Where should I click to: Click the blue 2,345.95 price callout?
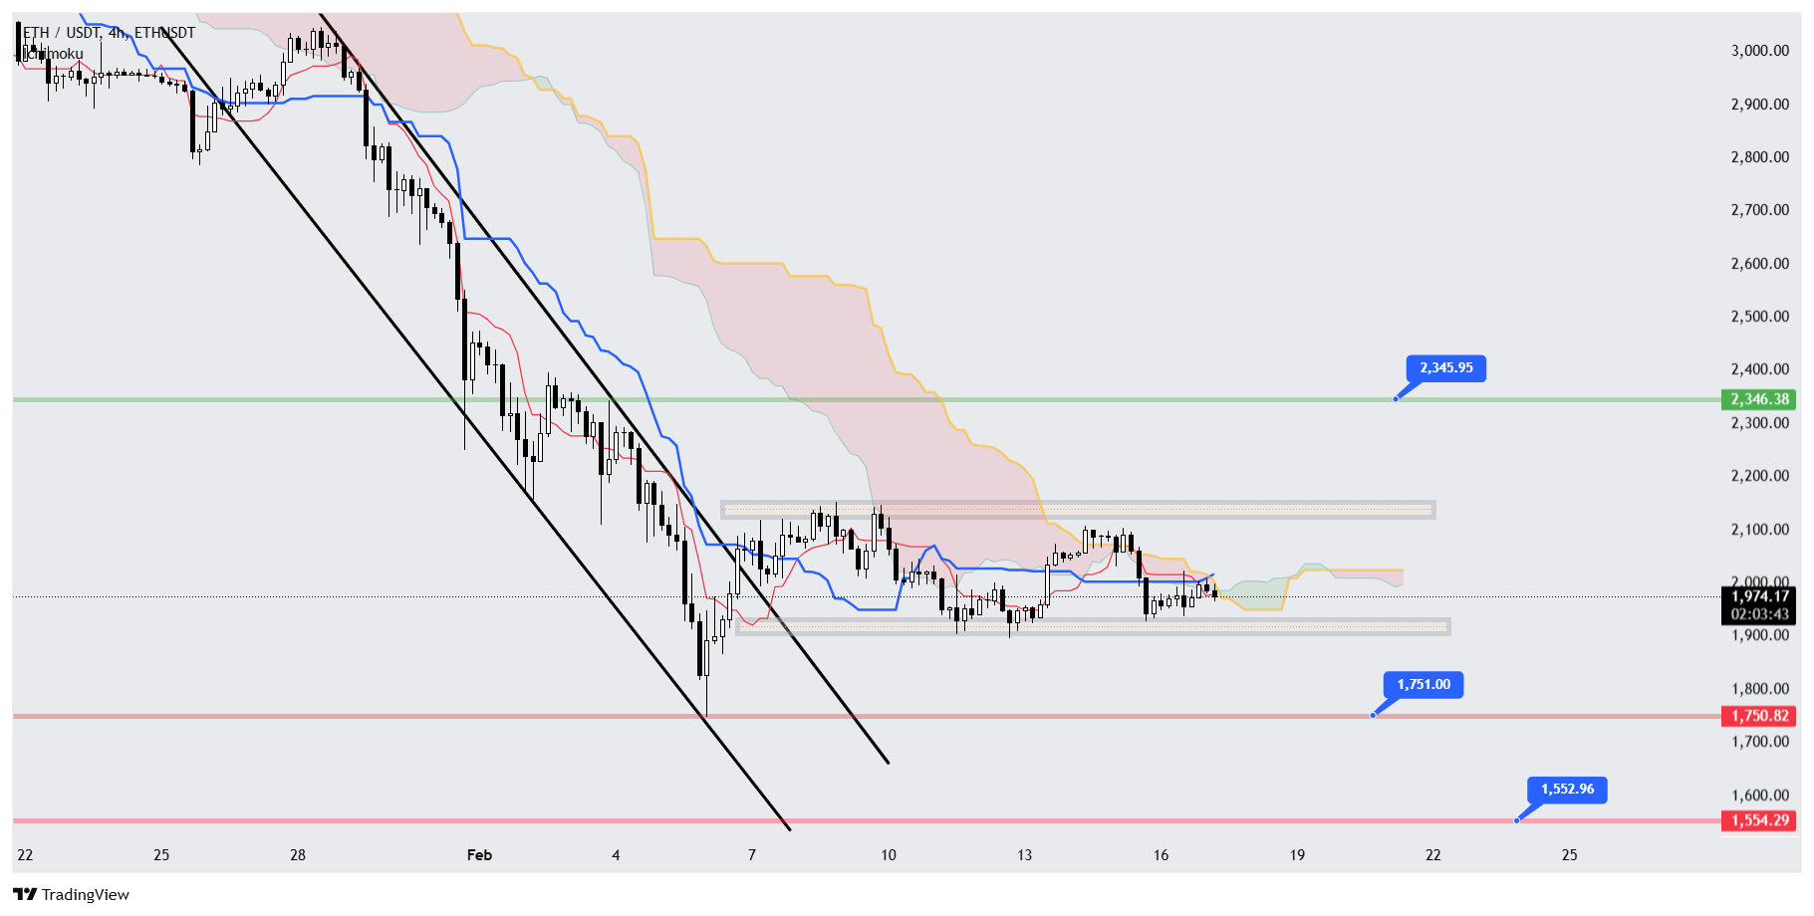(1445, 368)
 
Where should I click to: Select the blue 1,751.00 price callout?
(1423, 685)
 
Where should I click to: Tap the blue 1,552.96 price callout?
(1567, 790)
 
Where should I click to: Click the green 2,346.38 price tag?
(1759, 399)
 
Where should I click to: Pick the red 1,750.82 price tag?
(1759, 716)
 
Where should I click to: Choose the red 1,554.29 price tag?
(1759, 820)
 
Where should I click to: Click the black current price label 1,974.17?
(1759, 596)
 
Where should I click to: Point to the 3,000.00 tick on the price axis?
(1759, 51)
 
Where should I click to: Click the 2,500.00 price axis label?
(1759, 317)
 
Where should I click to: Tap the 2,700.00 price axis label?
(1759, 210)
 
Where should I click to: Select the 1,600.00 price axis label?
(1759, 796)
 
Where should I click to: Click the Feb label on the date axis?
(479, 855)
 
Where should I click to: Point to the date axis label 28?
(298, 855)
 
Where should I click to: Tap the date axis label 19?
(1297, 855)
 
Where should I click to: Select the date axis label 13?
(1024, 855)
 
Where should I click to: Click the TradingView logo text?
(85, 895)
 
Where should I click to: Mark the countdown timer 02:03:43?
(1759, 614)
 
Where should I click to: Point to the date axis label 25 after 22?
(1569, 855)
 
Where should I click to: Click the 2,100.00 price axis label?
(1759, 530)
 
